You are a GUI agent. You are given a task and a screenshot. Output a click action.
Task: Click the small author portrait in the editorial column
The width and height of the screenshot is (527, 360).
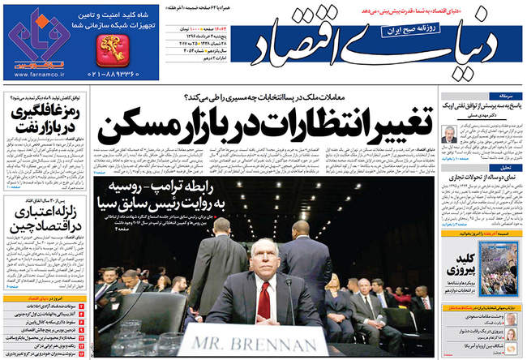click(x=450, y=134)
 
